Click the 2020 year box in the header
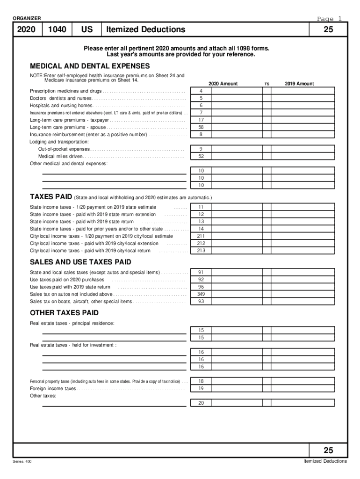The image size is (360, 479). coord(27,30)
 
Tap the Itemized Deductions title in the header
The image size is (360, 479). coord(145,30)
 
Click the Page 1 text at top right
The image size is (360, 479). coord(329,19)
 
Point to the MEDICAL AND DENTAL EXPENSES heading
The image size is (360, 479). coord(90,66)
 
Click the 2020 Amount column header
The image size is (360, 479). coord(223,84)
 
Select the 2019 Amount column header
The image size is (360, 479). coord(299,84)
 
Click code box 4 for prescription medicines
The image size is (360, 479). coord(201,91)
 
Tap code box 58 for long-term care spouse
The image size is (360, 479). coord(201,127)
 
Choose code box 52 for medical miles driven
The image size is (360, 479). coord(201,156)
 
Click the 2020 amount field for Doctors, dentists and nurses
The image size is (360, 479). coord(236,98)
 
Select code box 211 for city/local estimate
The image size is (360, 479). coord(201,236)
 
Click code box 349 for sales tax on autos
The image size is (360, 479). coord(201,294)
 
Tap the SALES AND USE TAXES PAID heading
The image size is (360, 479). coord(80,262)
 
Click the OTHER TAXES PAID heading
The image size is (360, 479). coord(64,312)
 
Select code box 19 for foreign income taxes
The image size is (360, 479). coord(201,388)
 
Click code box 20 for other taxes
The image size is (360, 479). coord(201,403)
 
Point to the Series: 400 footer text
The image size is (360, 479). coord(22,462)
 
